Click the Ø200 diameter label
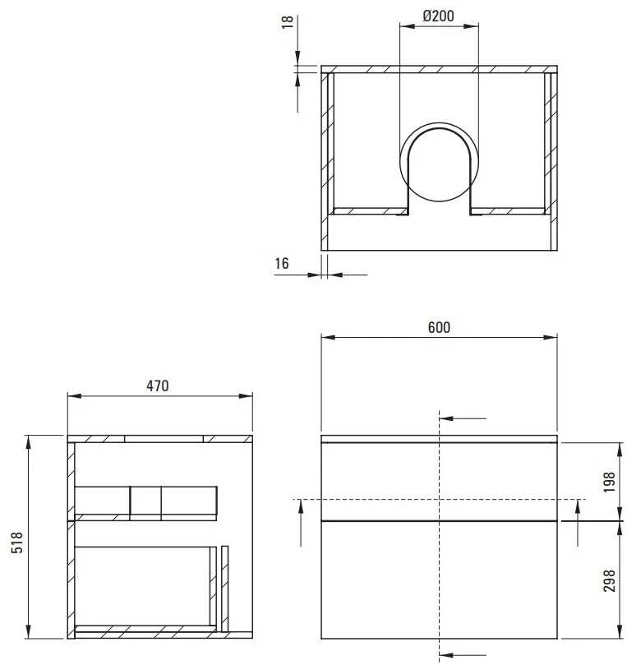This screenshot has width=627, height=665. (438, 16)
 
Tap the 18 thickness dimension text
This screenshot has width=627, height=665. (288, 21)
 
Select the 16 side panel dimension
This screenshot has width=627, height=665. (282, 263)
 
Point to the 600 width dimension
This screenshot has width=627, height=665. (439, 327)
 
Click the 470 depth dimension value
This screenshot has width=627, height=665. (158, 386)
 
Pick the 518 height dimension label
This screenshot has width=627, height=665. (17, 543)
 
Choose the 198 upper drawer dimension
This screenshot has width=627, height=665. (609, 482)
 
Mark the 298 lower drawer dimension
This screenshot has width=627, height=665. (609, 581)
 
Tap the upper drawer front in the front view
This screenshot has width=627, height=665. (439, 482)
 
